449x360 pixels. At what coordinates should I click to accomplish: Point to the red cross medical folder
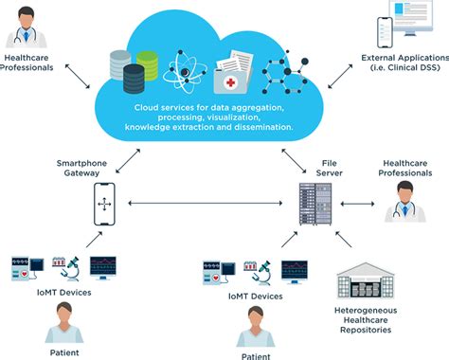pos(231,77)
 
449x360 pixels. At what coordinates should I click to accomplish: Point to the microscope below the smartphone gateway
pos(64,267)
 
